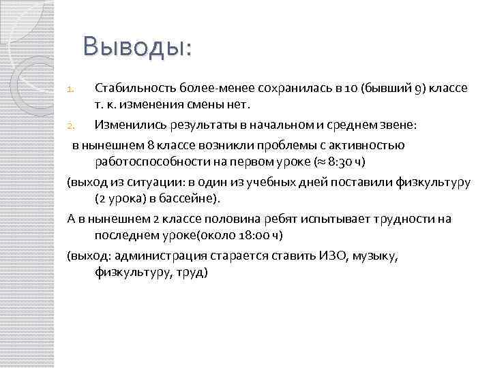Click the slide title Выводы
coord(137,47)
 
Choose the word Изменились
coord(128,125)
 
